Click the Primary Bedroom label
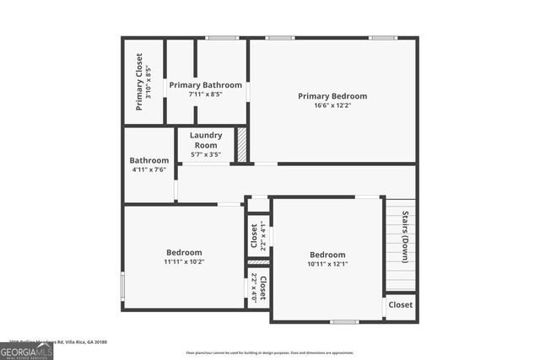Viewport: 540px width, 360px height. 332,96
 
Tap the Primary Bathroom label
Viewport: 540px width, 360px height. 205,85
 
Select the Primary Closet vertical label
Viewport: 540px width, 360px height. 139,81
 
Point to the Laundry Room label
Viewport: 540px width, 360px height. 206,140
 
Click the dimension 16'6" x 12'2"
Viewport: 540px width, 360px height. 332,105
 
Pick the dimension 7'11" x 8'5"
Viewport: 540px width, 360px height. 205,94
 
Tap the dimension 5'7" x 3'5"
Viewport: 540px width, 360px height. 206,154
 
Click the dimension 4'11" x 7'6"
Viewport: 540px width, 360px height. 149,169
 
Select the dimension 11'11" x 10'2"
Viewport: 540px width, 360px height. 184,262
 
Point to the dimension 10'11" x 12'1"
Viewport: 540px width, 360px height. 327,264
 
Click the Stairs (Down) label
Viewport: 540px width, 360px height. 405,237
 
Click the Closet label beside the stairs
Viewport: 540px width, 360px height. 401,305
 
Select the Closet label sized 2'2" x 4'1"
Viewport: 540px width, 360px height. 253,237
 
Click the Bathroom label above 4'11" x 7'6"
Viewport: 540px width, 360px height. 149,160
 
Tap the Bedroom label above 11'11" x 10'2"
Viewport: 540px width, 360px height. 184,253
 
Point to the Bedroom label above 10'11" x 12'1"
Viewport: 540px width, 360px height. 327,255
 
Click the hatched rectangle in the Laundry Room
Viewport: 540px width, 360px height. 240,144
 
